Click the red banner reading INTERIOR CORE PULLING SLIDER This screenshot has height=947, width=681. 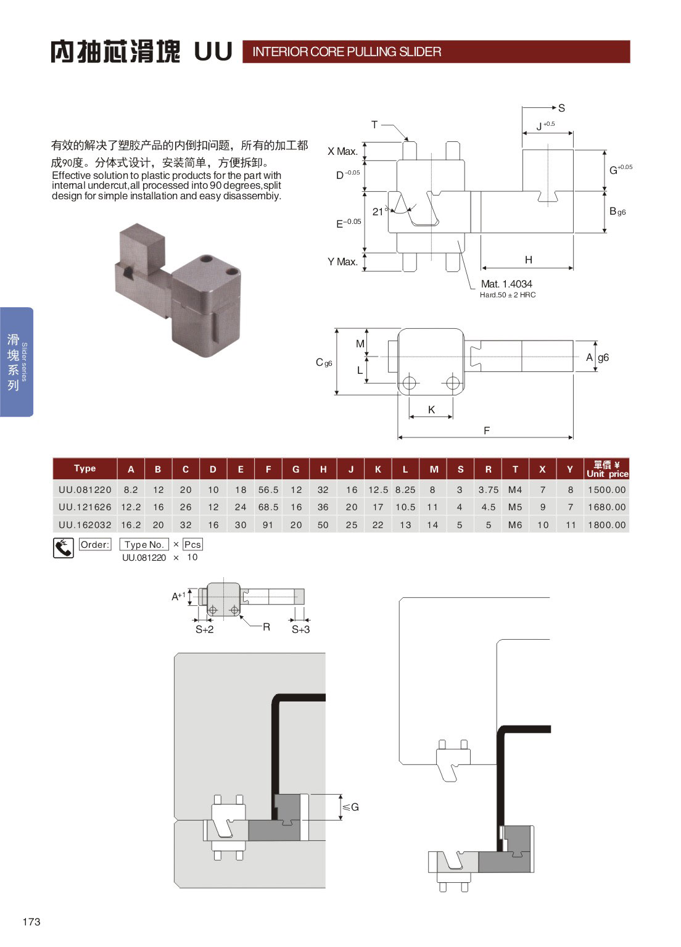435,52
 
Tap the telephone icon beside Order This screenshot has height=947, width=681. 64,547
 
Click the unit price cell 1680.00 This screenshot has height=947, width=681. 606,507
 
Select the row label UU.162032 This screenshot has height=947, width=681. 85,525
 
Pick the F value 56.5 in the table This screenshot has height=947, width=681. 268,490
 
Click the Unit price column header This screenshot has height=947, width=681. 606,469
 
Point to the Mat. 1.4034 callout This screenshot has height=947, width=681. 506,284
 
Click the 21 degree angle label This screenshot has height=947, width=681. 379,212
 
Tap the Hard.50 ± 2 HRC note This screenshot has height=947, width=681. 508,295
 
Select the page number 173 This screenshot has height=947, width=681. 31,922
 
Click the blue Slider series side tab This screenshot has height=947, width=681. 17,362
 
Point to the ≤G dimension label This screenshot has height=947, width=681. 351,807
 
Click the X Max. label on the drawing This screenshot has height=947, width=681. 342,151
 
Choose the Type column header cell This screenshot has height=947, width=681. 85,469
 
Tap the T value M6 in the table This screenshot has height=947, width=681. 515,525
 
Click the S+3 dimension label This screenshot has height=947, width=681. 300,629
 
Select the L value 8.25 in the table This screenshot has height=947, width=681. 405,490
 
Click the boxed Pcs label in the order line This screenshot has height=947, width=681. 192,545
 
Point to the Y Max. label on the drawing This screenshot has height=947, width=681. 342,262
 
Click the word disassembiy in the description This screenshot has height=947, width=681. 254,196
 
